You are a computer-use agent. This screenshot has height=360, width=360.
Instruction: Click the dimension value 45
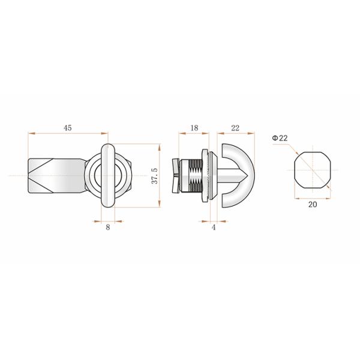point(68,128)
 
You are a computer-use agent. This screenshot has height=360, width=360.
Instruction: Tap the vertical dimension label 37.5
point(155,176)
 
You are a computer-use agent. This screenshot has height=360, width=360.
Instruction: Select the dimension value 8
point(108,227)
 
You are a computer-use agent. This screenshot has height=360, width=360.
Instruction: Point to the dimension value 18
point(194,128)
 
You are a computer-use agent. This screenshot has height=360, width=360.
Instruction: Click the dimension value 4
point(214,227)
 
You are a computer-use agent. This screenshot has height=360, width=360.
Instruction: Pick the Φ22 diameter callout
point(280,138)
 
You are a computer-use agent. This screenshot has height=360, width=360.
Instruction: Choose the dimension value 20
point(313,204)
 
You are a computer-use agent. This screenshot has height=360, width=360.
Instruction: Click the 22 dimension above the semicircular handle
point(235,128)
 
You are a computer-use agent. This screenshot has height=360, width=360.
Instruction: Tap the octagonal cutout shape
point(313,170)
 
